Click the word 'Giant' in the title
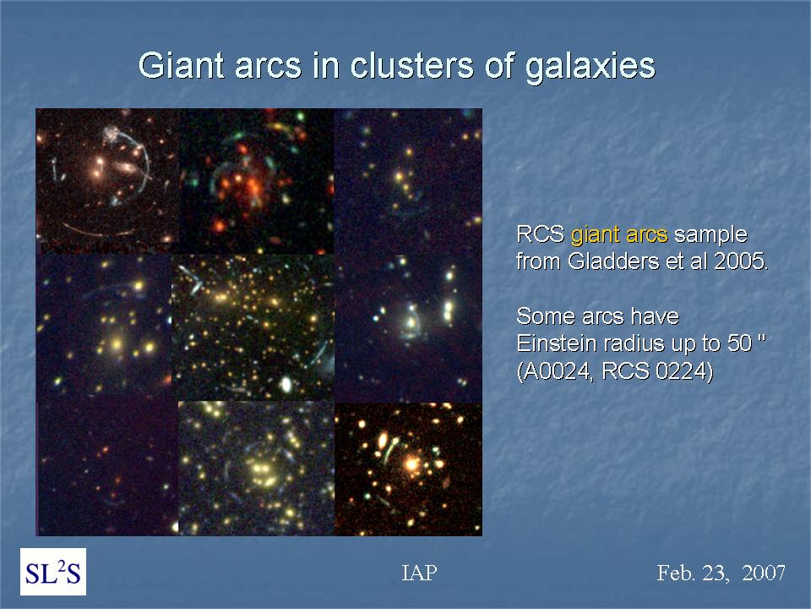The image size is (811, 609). coord(181,66)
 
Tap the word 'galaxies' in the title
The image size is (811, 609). coord(591,67)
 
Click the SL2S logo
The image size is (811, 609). coord(53,572)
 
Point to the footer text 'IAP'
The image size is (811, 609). coord(419,573)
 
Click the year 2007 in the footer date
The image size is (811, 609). coord(764,573)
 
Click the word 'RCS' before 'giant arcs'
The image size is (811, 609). coord(541,234)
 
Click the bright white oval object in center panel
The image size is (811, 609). coord(285,384)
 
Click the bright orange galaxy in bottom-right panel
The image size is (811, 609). coord(411,463)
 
